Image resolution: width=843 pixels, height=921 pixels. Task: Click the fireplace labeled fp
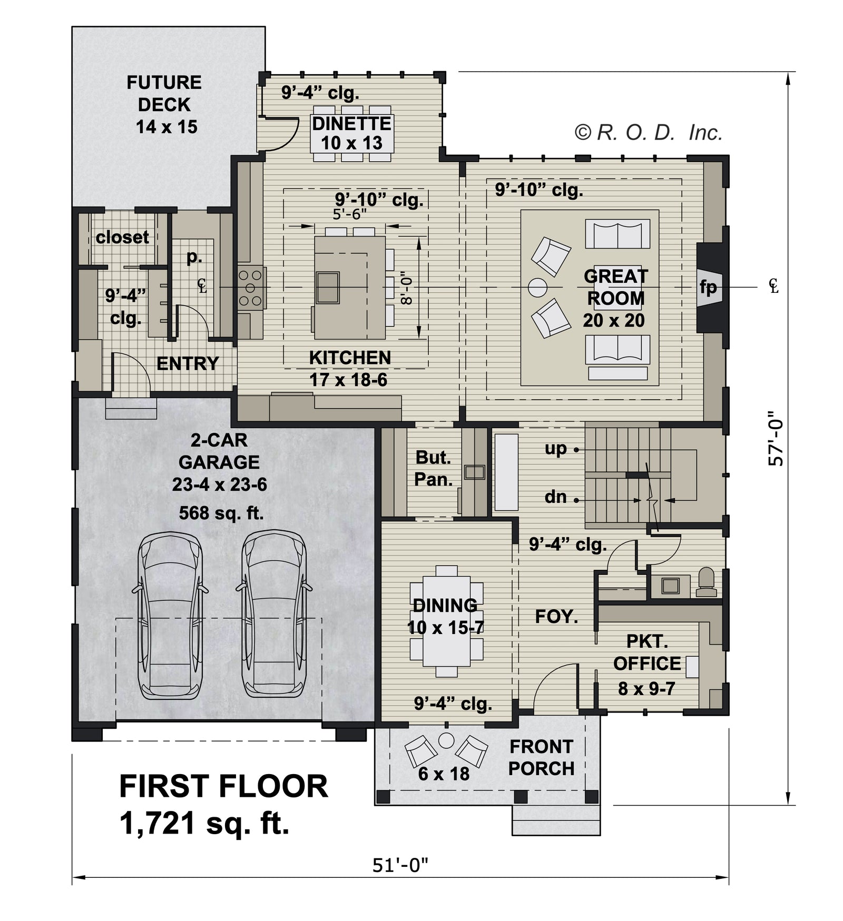click(x=708, y=288)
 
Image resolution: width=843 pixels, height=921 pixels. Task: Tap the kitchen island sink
click(x=328, y=288)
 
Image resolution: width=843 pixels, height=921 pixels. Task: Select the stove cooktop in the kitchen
click(x=251, y=288)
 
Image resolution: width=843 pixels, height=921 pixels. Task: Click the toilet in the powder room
click(x=706, y=582)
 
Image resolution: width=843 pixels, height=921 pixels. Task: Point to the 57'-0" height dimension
click(x=776, y=438)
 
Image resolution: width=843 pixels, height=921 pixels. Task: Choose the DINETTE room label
click(x=352, y=124)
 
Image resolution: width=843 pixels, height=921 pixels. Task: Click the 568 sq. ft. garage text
click(x=221, y=512)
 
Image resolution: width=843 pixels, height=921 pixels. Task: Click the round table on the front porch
click(x=446, y=741)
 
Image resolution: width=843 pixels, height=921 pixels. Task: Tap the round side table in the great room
click(x=538, y=288)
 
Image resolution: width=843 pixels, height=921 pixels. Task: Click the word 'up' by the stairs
click(x=556, y=449)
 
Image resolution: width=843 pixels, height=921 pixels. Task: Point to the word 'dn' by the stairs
click(x=556, y=497)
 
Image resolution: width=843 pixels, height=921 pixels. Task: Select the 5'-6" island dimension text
click(x=350, y=214)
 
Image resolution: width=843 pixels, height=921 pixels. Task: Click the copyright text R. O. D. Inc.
click(x=648, y=132)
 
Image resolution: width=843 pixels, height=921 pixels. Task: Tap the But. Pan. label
click(x=433, y=468)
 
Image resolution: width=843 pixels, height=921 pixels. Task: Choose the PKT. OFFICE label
click(x=647, y=652)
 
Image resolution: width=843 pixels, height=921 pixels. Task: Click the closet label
click(x=122, y=237)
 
